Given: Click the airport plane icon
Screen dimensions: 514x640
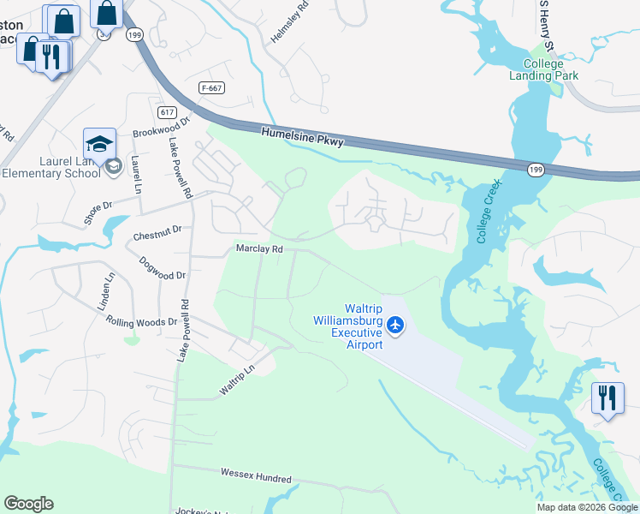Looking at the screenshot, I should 394,325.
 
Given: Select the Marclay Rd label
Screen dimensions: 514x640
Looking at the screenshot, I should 259,248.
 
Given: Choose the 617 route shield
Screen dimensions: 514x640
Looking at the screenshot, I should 167,112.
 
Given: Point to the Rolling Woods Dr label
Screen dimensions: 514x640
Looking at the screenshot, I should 141,322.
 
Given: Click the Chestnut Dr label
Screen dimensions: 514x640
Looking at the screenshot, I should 157,230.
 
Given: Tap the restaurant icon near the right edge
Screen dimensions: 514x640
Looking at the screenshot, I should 607,397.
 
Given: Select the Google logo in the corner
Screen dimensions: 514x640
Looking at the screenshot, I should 28,504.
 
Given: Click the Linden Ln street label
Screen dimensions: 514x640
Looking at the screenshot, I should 110,292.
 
